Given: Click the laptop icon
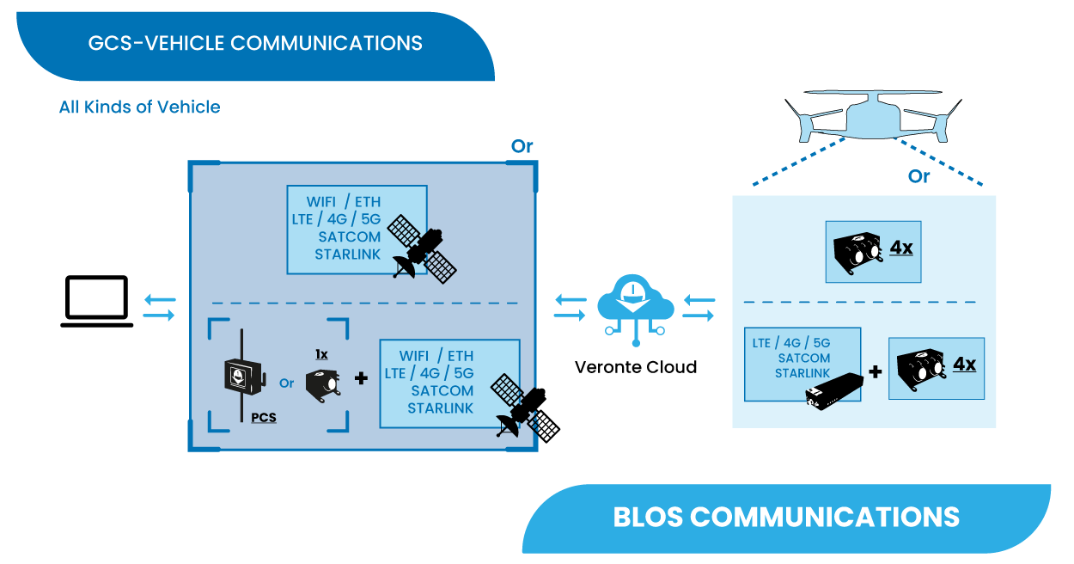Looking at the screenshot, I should coord(96,302).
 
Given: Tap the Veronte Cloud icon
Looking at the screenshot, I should coord(635,305).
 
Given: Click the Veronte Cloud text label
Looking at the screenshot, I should coord(635,367).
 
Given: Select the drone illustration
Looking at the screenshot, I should coord(870,120).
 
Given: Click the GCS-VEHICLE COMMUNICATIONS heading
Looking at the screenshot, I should coord(255,43).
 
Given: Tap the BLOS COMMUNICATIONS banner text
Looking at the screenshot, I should coord(785,517).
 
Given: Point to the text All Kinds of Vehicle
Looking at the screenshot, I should coord(139,107).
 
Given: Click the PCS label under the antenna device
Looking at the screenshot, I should coord(264,418).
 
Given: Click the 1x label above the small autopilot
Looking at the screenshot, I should coord(321,354).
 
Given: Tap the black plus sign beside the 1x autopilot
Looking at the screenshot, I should coord(361,377).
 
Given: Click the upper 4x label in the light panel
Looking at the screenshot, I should coord(900,248).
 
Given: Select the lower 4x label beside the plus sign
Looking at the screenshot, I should coord(964,365).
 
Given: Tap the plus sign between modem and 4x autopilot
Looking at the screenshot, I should coord(876,372).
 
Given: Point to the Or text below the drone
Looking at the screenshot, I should coord(918,176).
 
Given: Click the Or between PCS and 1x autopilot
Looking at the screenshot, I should coord(286,383).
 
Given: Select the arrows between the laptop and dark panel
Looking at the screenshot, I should coord(159,308).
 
